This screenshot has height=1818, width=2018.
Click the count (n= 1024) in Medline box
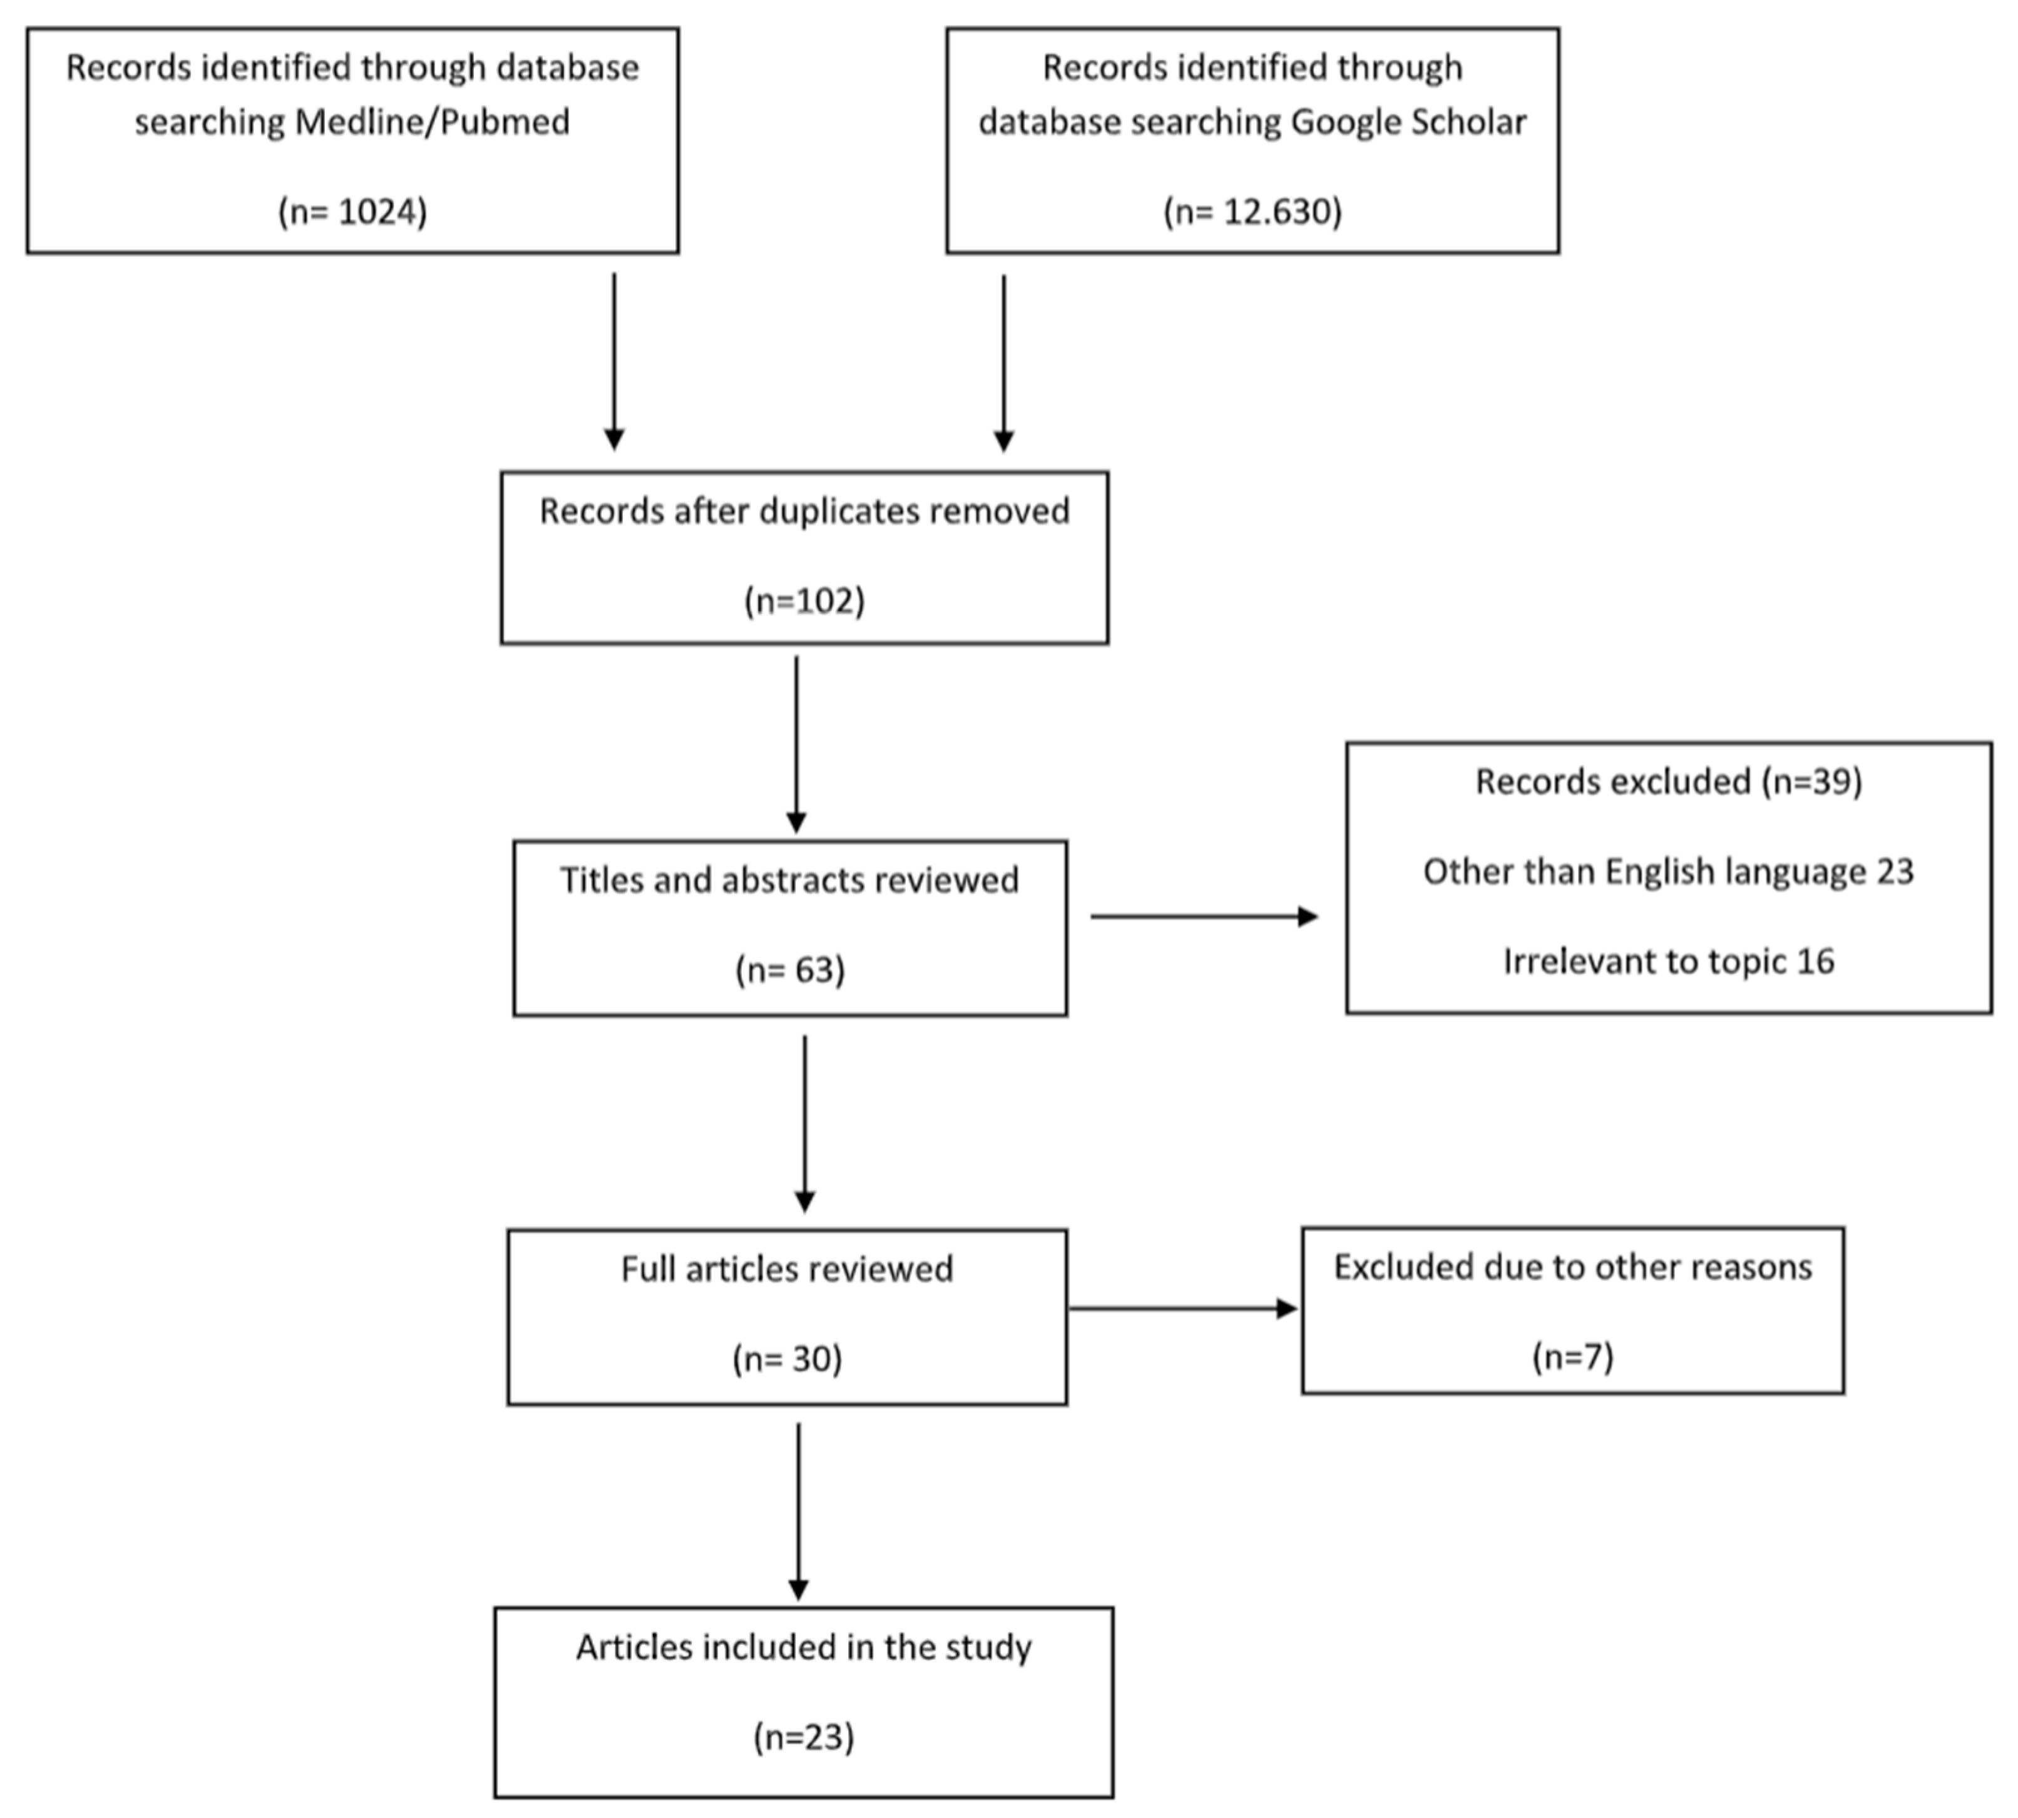[352, 212]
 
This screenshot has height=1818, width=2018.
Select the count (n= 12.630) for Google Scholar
[1252, 212]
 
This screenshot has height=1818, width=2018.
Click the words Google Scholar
[1408, 122]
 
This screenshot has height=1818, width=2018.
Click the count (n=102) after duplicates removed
[804, 600]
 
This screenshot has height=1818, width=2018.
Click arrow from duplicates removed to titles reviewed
[796, 744]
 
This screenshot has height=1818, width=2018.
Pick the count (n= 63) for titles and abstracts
[790, 970]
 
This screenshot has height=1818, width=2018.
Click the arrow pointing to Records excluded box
[1203, 916]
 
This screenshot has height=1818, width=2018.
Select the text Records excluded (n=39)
[1667, 781]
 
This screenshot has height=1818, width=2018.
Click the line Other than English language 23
[1667, 871]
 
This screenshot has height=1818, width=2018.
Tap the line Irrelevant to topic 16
[1667, 961]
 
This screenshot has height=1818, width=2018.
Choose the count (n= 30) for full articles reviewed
[787, 1358]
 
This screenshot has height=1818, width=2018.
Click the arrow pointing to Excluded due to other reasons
[1183, 1308]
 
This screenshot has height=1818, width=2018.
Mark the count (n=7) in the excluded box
[1572, 1357]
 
